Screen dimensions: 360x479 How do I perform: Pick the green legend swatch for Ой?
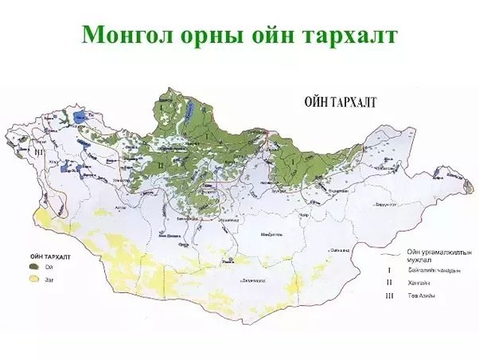[x=34, y=268]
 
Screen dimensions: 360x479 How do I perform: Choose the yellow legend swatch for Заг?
[x=34, y=280]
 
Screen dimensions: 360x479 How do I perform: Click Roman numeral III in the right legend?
[x=388, y=295]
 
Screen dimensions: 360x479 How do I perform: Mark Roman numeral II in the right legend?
[x=388, y=283]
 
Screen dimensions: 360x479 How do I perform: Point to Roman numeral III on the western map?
[x=37, y=149]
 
